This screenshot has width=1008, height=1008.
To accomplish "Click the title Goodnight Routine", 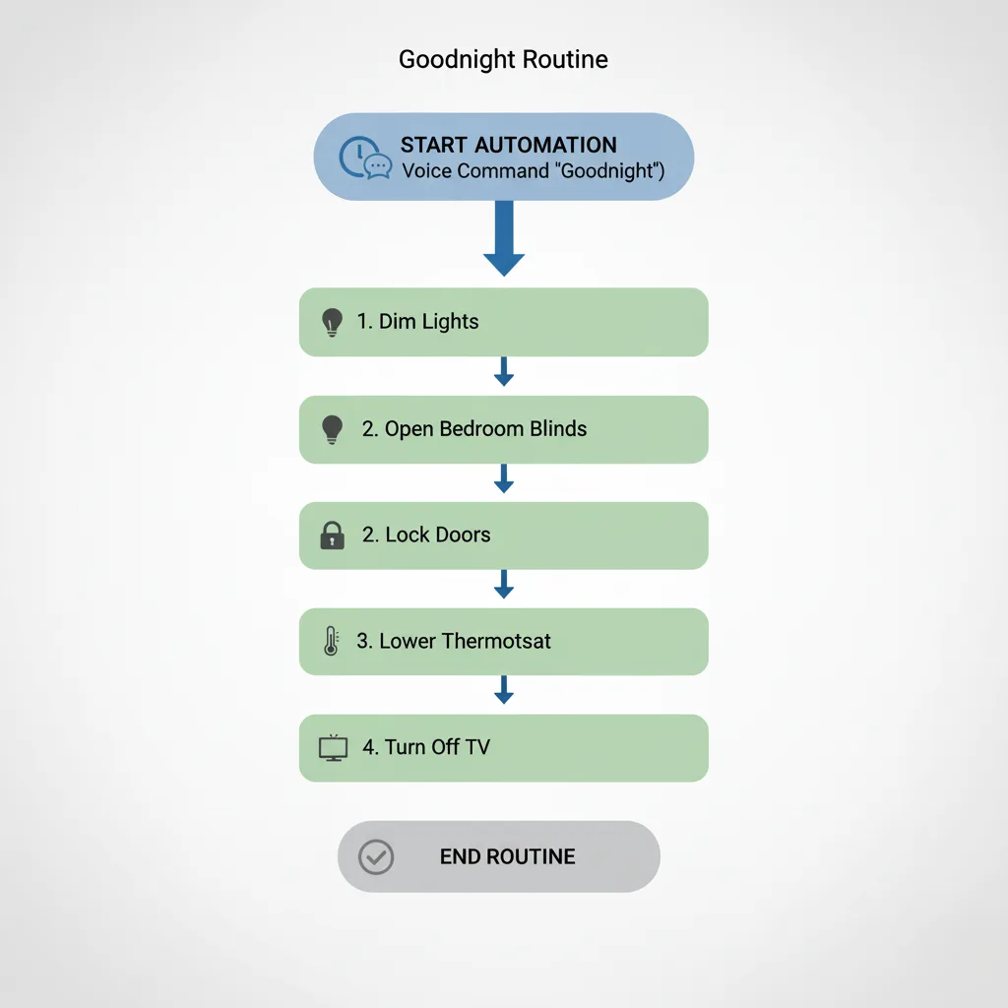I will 503,60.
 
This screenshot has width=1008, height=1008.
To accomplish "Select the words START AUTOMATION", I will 508,145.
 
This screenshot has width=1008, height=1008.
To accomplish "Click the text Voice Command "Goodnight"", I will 533,171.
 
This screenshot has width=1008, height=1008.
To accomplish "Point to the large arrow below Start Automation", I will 504,238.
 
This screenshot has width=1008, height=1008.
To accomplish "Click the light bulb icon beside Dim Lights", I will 333,322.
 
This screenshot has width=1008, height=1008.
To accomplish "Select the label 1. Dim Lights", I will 417,322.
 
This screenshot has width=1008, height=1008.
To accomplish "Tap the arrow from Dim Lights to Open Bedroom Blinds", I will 504,372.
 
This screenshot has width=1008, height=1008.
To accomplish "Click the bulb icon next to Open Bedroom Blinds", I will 333,428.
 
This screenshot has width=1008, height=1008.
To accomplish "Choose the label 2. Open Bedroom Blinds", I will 473,429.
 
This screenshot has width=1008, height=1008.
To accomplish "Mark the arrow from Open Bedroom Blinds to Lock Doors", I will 504,478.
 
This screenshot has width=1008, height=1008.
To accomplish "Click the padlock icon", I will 333,535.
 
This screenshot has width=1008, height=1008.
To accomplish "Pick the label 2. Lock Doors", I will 425,535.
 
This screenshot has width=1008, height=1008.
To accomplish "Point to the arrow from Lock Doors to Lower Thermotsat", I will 504,585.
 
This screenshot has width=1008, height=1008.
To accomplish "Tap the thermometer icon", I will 331,642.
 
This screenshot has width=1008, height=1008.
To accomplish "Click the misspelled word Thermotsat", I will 496,642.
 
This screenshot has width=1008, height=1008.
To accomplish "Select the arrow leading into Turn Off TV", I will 504,691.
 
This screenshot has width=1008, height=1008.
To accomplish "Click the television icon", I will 334,748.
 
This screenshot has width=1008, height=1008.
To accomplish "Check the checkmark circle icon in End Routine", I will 375,856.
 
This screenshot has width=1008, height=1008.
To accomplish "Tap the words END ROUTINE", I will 507,856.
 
